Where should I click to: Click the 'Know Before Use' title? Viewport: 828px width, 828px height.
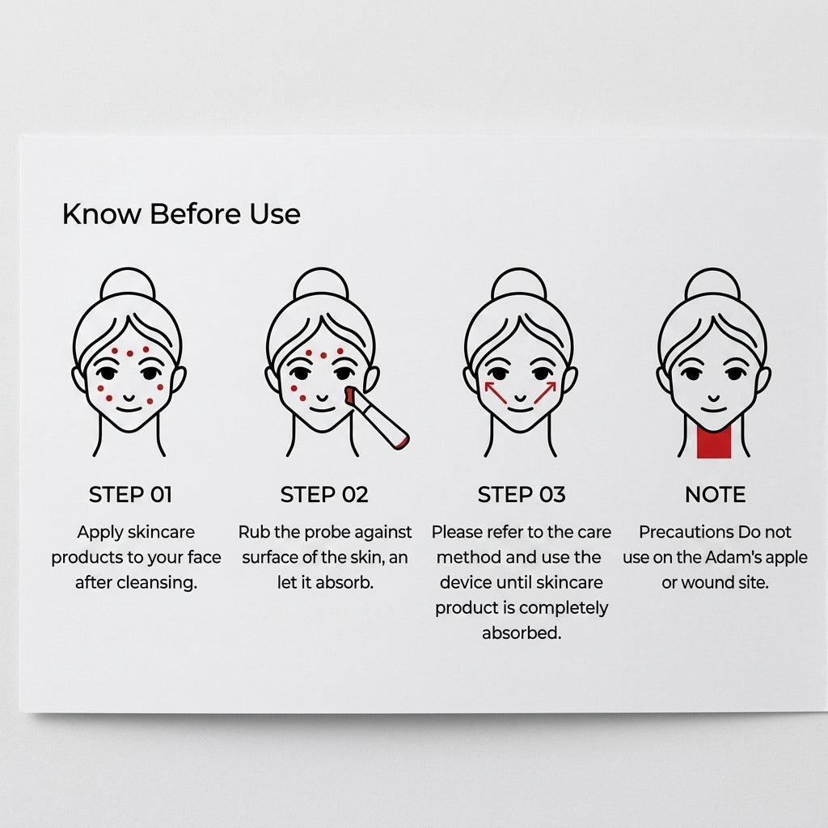181,213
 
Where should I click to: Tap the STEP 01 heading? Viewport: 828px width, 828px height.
130,495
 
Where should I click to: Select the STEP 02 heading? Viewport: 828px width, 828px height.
324,495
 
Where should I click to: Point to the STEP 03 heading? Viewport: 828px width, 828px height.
522,495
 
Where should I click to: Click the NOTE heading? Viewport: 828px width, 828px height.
715,495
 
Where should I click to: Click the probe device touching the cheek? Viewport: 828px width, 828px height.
376,417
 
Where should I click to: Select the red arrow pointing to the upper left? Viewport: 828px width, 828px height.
496,392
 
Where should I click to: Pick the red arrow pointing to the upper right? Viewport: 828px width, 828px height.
545,392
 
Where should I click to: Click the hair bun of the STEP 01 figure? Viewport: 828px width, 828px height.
128,285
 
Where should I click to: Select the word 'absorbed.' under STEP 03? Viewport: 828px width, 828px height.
522,632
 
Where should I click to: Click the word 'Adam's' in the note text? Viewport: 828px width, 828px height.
733,557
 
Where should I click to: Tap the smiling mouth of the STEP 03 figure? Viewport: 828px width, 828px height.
520,408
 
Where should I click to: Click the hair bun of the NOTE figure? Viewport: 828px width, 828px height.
713,285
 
